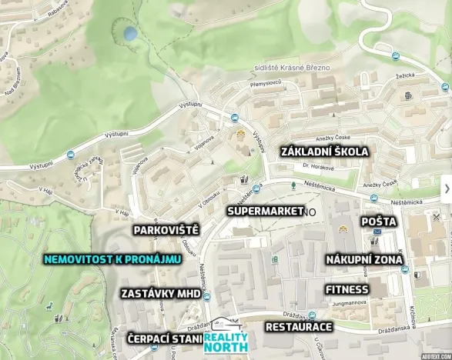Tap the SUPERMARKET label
(x=264, y=210)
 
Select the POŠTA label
(x=380, y=222)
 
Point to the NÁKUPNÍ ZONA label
(x=363, y=260)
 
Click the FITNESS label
(x=347, y=290)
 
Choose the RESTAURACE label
(x=298, y=327)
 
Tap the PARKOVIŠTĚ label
(x=166, y=230)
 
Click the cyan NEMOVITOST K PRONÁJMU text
(x=112, y=259)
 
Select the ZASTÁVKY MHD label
(x=160, y=294)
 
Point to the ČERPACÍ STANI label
(x=165, y=339)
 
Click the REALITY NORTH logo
(x=226, y=339)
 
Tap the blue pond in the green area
(x=131, y=34)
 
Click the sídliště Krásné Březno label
(x=292, y=68)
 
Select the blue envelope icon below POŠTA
(x=377, y=231)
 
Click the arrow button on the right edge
(x=446, y=188)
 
